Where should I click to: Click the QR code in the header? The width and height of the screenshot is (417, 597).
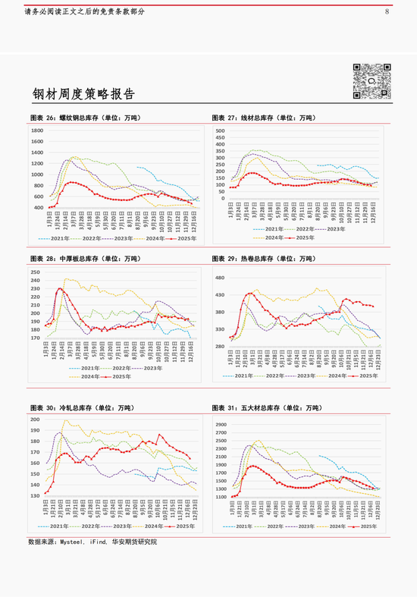372,81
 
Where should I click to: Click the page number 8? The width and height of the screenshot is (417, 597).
387,12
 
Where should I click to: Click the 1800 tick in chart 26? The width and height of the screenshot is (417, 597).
37,130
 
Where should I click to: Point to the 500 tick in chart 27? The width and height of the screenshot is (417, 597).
221,131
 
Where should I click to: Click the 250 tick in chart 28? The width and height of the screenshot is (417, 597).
36,272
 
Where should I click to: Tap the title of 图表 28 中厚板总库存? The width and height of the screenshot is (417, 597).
84,259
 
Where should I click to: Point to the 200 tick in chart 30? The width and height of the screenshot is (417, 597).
36,419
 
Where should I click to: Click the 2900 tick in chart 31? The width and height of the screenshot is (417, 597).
221,424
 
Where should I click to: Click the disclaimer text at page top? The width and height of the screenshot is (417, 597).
84,12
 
